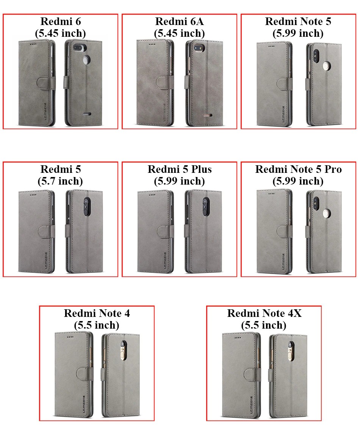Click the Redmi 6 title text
click(61, 21)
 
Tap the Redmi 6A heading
click(179, 21)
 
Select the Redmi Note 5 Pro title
click(299, 169)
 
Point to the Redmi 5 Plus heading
click(180, 169)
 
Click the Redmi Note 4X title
click(265, 313)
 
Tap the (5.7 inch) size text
click(60, 181)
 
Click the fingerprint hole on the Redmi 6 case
click(86, 60)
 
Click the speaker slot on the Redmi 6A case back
click(207, 116)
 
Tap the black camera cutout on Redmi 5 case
click(86, 207)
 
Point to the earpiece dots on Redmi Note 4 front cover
click(70, 337)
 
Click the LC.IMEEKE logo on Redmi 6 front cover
click(45, 114)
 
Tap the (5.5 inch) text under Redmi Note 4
click(97, 325)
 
